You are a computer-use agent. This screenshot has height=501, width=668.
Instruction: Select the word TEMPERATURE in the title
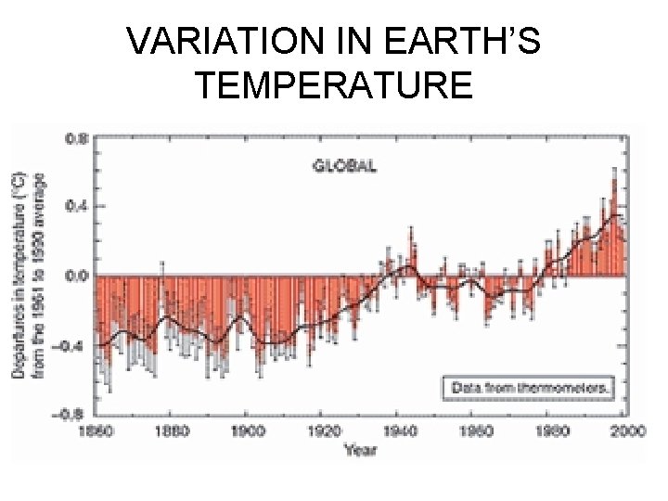(x=334, y=85)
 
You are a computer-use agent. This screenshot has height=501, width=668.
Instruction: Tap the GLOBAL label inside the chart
(x=343, y=166)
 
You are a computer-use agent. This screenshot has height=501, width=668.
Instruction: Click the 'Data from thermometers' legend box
(x=526, y=387)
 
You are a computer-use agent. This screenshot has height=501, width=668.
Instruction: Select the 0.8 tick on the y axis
(x=77, y=137)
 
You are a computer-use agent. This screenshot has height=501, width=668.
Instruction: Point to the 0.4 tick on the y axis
(x=77, y=206)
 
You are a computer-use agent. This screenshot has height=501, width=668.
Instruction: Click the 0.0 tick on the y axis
(x=77, y=276)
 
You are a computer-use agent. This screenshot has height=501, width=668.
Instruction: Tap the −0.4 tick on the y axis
(x=74, y=345)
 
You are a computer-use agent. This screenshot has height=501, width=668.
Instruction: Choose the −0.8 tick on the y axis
(x=74, y=414)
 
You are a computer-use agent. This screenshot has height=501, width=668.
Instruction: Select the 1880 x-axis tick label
(x=172, y=431)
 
